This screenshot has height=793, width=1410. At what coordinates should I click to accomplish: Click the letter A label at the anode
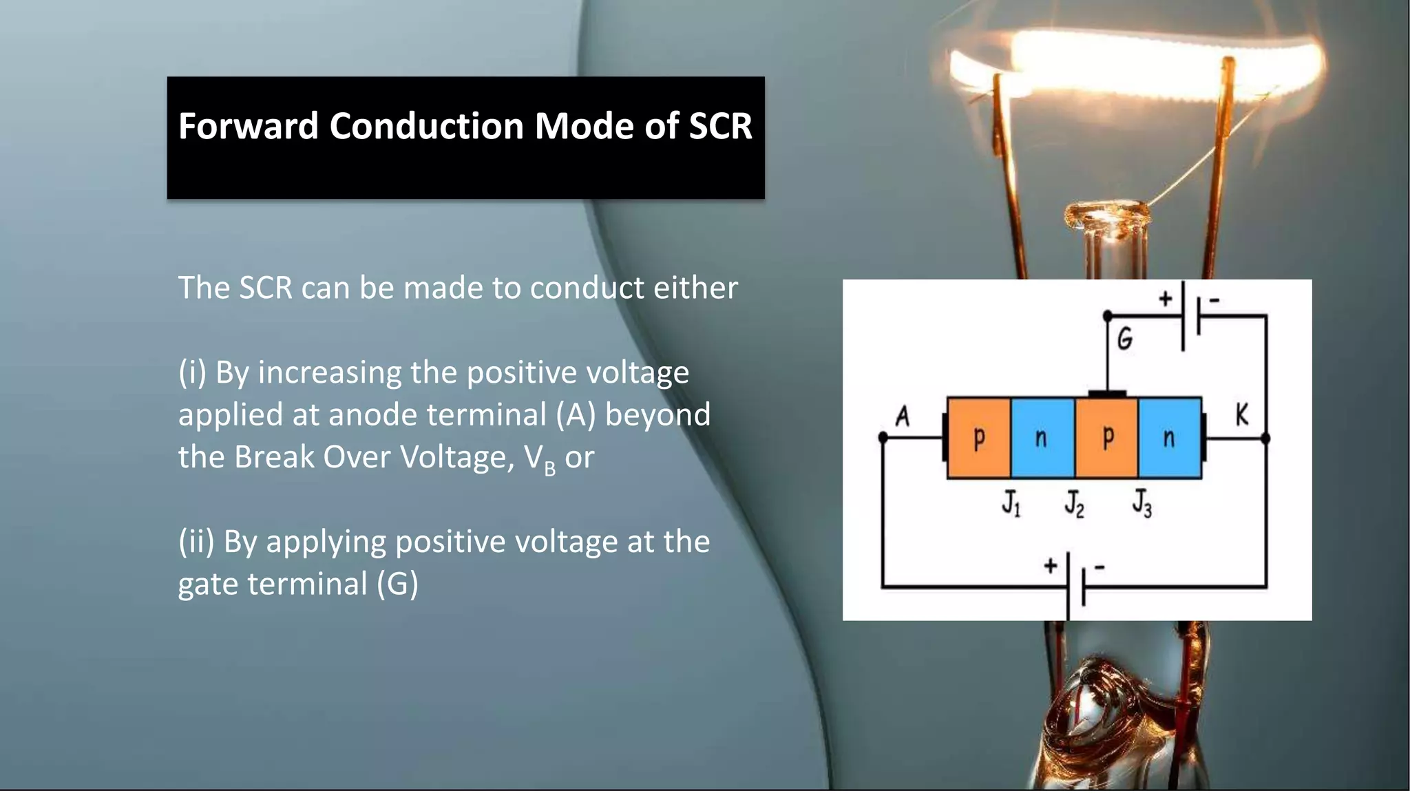pos(902,416)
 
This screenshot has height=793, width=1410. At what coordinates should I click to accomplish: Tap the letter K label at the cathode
pos(1241,414)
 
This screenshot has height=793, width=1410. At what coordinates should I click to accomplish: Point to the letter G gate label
pos(1124,339)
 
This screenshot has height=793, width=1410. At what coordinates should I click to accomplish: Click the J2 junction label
pos(1074,503)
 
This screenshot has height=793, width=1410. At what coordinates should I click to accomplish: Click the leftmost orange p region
pos(978,438)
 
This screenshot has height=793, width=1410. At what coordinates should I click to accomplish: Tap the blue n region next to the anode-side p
pos(1042,438)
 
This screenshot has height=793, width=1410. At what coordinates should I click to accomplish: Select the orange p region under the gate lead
pos(1106,438)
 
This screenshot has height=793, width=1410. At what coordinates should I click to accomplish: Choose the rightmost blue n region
pos(1170,438)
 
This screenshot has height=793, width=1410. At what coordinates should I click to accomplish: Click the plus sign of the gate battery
pos(1165,299)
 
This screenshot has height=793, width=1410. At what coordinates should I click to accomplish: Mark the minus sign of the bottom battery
pos(1099,567)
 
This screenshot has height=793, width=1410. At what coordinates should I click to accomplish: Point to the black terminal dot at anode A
pos(883,437)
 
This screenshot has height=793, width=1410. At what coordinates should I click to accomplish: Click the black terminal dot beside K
pos(1265,438)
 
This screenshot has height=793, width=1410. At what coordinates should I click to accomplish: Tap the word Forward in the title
pos(248,127)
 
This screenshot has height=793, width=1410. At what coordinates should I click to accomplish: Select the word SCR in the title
pos(720,127)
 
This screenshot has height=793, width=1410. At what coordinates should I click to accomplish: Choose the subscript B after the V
pos(549,469)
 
